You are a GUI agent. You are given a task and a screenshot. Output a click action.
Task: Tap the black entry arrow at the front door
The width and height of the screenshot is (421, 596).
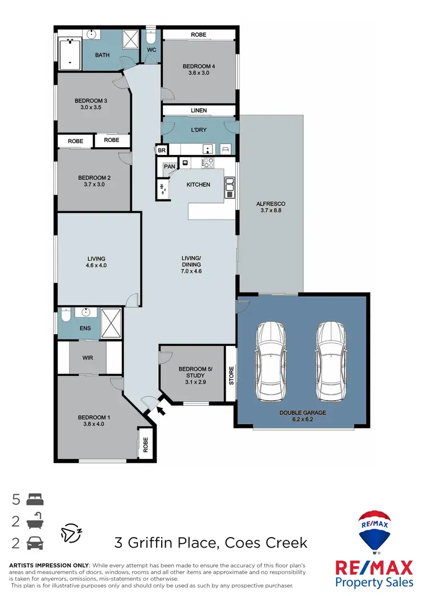pos(162,411)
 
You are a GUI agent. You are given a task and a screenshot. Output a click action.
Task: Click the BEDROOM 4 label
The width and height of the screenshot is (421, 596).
pos(199,67)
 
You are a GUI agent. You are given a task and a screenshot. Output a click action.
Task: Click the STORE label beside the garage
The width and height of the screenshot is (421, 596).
pos(231,375)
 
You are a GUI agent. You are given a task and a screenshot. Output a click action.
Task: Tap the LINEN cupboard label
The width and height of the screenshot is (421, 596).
pos(199,111)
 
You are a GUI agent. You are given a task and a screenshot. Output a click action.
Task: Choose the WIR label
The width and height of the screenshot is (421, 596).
pos(87,357)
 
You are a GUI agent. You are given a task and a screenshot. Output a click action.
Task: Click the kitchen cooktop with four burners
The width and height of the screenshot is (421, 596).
pos(208,163)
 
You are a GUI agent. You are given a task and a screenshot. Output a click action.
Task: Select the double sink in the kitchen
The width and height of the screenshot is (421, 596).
pos(230,188)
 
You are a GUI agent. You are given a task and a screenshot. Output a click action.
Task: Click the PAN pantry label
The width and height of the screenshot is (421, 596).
pos(169,166)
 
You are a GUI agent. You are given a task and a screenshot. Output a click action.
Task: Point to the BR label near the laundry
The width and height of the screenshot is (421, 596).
pos(162,151)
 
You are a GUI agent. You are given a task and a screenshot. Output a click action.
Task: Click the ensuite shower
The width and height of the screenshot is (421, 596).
pos(111,322)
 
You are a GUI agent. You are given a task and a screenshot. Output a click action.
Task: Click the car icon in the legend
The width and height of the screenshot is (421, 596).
pos(34,543)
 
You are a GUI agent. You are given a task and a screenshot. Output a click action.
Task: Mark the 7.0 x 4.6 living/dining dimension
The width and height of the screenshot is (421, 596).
pos(191,271)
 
